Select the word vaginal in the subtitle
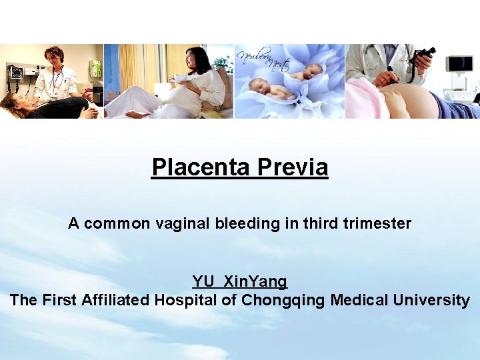183,224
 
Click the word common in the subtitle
117,224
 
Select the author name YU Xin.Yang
240,282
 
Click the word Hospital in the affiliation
186,300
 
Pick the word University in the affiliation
431,300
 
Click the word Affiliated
116,300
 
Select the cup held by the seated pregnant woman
179,79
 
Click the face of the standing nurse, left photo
53,57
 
